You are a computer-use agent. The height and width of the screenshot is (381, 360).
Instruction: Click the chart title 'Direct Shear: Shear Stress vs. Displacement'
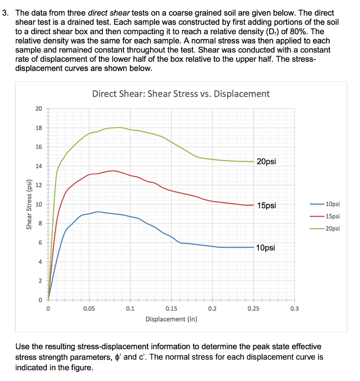pos(181,94)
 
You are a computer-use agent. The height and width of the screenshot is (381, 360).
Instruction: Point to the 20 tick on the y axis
pos(39,109)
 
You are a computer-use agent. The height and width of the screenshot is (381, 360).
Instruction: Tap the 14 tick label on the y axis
pos(39,166)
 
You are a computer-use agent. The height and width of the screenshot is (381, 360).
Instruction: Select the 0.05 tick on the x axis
pos(89,308)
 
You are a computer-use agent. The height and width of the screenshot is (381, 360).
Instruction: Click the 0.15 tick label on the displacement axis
pos(171,308)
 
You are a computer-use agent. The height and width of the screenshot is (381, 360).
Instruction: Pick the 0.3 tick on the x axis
pos(294,308)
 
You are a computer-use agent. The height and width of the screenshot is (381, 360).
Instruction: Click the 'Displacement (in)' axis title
pos(171,319)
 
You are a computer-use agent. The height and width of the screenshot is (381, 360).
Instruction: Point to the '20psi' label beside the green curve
pos(266,162)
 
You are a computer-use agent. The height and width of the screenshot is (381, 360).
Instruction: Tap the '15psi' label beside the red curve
pos(266,206)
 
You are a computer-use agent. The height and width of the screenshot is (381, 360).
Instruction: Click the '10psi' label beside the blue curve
pos(266,248)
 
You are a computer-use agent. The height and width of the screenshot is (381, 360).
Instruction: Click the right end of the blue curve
pos(253,247)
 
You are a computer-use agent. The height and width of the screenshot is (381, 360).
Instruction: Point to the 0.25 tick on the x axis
pos(253,308)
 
